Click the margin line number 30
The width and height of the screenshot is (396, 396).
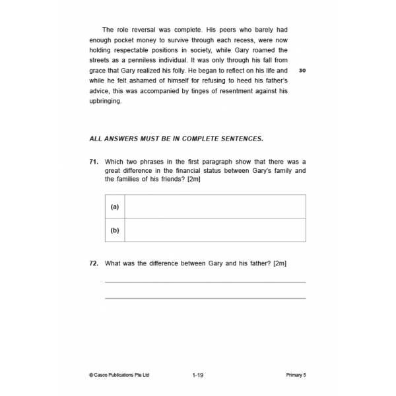coord(302,71)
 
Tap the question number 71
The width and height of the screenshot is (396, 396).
coord(94,162)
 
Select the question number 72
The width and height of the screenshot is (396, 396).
coord(94,263)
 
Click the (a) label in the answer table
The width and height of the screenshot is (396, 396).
coord(115,207)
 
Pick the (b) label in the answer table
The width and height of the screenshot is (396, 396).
coord(115,230)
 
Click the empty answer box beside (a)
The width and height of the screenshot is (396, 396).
coord(215,207)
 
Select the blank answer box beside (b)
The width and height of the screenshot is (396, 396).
coord(215,230)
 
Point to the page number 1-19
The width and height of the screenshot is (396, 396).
coord(198,375)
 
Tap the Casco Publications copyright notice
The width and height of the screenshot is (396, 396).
coord(119,375)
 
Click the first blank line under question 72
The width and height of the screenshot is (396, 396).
coord(205,282)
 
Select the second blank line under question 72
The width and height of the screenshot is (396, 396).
coord(205,298)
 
